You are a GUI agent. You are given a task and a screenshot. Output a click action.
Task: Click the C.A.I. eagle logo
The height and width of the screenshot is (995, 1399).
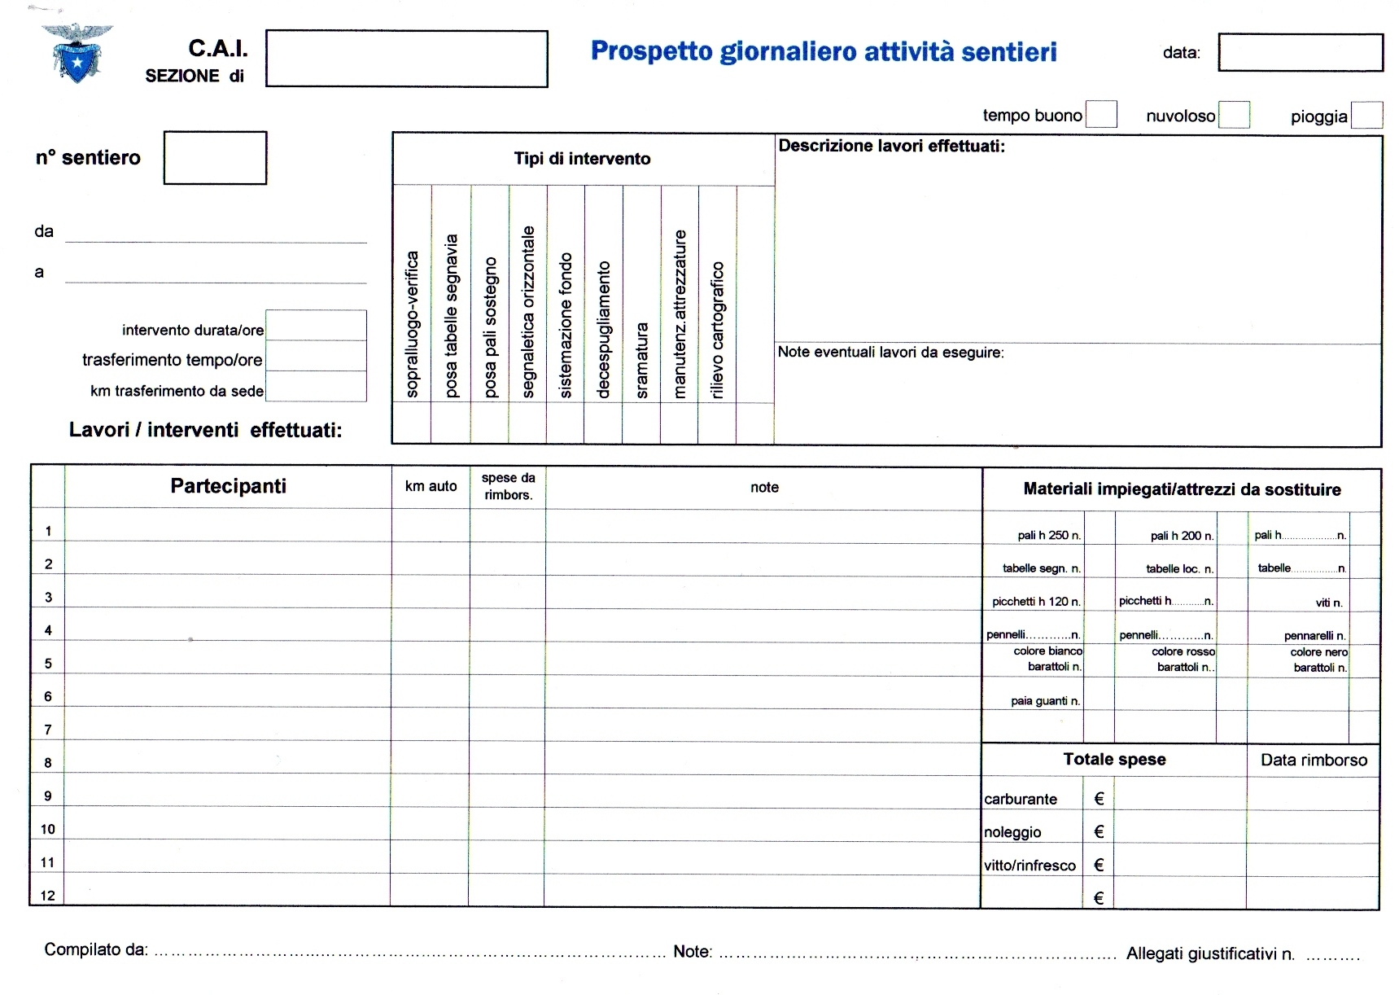click(x=77, y=53)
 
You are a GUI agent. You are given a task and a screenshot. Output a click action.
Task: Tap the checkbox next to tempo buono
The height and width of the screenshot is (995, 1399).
click(x=1101, y=115)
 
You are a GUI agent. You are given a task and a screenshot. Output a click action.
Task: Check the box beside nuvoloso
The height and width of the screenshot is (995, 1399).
click(x=1234, y=115)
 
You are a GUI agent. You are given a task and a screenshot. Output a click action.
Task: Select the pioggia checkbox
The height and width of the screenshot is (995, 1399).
click(x=1366, y=115)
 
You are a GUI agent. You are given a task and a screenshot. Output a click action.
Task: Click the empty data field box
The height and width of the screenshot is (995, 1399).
click(x=1300, y=52)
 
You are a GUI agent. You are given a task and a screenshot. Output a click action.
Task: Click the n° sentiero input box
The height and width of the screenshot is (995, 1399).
click(x=215, y=157)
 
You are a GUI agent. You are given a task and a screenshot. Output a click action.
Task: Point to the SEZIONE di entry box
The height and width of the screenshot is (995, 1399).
click(x=406, y=59)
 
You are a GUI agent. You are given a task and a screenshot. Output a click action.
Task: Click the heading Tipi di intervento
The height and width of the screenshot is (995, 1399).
click(x=582, y=159)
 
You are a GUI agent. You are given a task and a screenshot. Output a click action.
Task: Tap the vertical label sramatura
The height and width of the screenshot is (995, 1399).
click(x=642, y=360)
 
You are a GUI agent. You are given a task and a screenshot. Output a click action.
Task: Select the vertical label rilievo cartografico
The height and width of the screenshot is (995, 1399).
click(x=717, y=330)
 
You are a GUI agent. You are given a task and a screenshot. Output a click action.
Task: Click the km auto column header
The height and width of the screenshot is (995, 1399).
click(x=431, y=486)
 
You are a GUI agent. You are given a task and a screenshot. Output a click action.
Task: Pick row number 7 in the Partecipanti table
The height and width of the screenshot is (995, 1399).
click(x=48, y=730)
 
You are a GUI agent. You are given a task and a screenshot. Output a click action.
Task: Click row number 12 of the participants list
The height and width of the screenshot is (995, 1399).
click(x=48, y=896)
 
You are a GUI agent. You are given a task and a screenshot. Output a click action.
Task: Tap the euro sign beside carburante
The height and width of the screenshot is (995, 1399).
click(x=1099, y=799)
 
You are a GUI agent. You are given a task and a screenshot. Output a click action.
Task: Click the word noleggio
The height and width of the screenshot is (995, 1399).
click(x=1012, y=832)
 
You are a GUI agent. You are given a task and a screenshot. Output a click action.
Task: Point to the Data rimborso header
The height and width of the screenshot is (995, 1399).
click(x=1314, y=760)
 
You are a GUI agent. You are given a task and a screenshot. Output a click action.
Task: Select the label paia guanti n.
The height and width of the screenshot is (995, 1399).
click(x=1045, y=700)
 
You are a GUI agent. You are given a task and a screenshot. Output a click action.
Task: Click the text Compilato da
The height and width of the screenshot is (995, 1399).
click(x=96, y=949)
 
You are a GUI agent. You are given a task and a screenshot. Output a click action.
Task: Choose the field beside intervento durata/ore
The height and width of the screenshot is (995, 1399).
click(x=316, y=326)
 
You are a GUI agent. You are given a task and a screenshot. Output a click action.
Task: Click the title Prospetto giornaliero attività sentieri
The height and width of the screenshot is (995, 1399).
click(x=824, y=51)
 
